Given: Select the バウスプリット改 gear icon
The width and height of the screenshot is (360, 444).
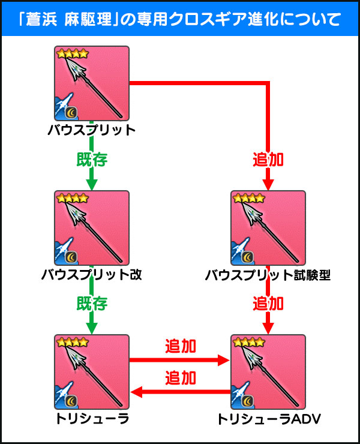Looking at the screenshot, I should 92,228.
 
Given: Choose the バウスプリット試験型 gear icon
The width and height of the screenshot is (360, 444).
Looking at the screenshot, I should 268,228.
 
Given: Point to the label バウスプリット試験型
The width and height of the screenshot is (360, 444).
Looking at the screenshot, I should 268,275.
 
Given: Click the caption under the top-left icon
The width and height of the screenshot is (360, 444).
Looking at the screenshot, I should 92,130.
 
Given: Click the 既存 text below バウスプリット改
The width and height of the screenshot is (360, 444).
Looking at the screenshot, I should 92,304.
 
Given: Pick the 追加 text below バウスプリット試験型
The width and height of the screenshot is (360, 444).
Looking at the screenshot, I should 268,304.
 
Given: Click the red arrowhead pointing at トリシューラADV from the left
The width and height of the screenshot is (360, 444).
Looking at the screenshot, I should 225,361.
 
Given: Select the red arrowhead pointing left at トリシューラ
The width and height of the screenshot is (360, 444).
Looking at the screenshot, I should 135,392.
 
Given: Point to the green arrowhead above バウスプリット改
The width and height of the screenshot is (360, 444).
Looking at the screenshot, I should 92,184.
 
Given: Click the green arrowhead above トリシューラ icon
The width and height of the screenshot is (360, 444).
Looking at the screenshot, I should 92,328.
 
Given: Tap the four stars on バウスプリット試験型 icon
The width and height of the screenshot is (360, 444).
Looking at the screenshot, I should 248,198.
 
